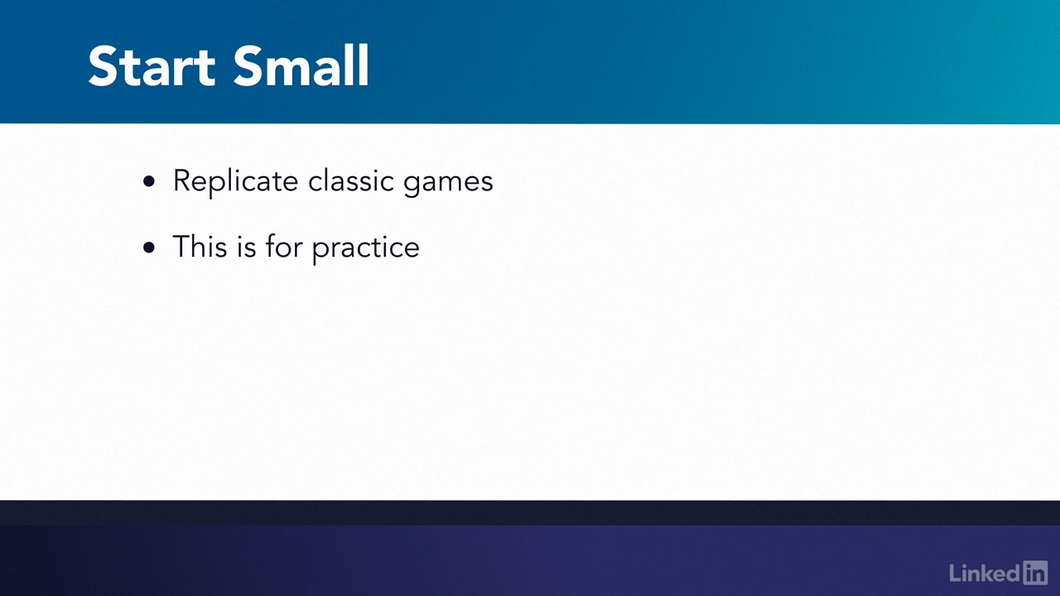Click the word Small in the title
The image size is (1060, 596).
[x=301, y=65]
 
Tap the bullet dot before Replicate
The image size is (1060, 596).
[x=149, y=181]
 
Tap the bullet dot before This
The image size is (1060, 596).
[x=149, y=248]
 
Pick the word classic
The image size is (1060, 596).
[x=351, y=180]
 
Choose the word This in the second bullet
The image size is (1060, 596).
[x=200, y=246]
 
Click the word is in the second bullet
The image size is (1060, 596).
[x=247, y=247]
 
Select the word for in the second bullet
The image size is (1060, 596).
[x=284, y=246]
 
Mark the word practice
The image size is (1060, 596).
[x=366, y=249]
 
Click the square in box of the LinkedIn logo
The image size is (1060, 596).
[x=1035, y=573]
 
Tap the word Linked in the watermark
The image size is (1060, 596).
[x=985, y=574]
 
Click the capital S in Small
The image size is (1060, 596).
[x=250, y=65]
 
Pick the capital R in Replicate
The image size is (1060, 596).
[x=182, y=180]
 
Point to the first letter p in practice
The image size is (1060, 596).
[x=320, y=252]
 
